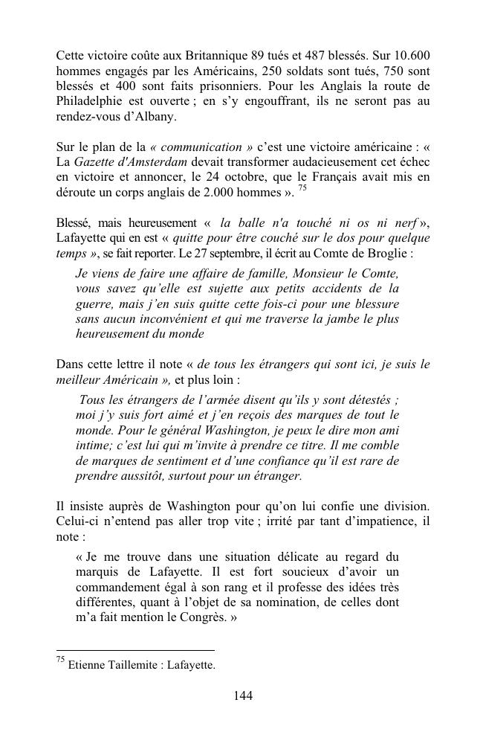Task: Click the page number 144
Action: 243,696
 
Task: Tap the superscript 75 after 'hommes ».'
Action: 302,188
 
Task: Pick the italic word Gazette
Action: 93,162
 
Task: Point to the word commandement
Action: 117,587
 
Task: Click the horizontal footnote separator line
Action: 135,651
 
